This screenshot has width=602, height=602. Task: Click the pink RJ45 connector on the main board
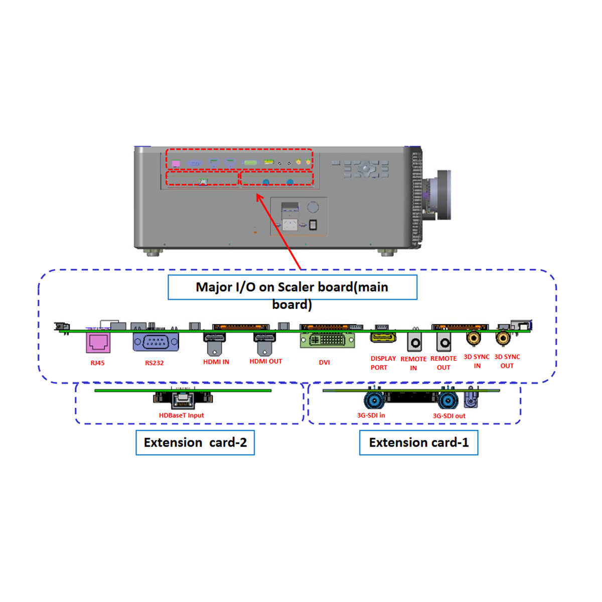[98, 343]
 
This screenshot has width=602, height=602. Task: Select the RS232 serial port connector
[156, 342]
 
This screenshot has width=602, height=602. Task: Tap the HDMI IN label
[216, 362]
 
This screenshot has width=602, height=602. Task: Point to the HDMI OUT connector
[264, 344]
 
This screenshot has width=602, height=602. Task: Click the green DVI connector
[327, 340]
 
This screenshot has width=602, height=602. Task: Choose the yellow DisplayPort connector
[383, 338]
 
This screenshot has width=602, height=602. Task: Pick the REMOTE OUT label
[443, 363]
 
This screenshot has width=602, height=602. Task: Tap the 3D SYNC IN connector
[474, 338]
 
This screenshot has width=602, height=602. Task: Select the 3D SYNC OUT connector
[503, 338]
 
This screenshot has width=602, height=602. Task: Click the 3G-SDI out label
[449, 416]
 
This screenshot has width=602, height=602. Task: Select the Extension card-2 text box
[195, 442]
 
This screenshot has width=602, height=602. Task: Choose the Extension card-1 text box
[418, 442]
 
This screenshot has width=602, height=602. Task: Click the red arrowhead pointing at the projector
[260, 198]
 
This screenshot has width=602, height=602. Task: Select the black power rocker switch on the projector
[313, 225]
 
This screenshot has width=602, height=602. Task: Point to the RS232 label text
[155, 363]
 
